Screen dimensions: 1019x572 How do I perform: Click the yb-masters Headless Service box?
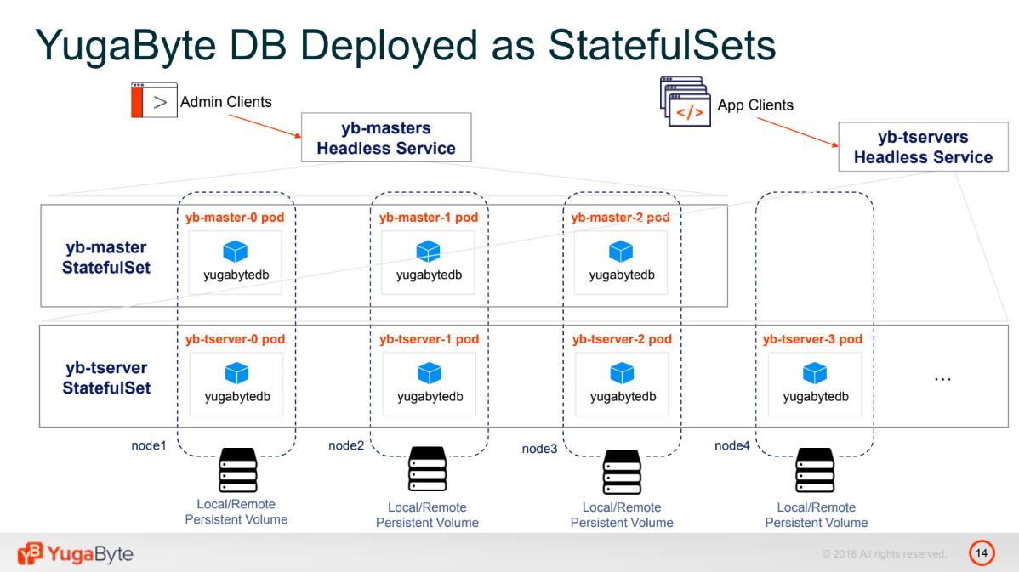point(386,138)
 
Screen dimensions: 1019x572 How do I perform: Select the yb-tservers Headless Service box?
point(923,147)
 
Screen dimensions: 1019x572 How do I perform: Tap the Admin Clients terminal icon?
point(154,100)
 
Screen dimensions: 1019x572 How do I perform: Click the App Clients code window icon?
point(685,100)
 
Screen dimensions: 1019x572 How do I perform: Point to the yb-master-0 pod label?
point(235,218)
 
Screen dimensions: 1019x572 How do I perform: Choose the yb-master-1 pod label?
point(429,218)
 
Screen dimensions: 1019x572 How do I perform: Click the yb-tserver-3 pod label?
point(812,339)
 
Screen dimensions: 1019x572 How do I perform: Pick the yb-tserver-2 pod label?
point(622,339)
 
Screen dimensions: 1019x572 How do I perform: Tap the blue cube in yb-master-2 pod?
point(621,252)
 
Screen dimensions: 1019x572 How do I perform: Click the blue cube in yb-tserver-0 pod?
point(236,373)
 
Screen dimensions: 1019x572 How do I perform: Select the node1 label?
point(149,445)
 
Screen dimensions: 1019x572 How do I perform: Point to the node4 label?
point(732,445)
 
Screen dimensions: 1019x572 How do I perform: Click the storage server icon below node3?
point(622,472)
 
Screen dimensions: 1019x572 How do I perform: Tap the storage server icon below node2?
point(428,469)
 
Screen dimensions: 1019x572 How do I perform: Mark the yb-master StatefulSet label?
point(106,258)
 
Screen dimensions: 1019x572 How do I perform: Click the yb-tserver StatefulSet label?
point(106,378)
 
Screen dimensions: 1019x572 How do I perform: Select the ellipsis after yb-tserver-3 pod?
point(942,379)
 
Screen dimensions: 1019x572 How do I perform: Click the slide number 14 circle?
point(982,553)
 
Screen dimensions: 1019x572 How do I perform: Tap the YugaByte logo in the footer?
point(76,554)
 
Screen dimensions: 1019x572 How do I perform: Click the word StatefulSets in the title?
point(662,45)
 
